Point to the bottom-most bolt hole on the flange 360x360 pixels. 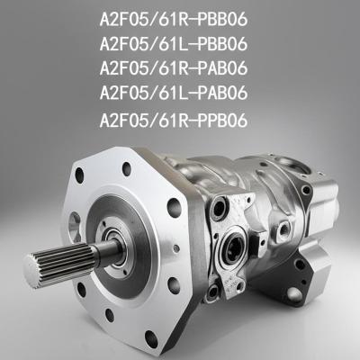pos(151,339)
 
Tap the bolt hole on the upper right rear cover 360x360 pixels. pos(307,190)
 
